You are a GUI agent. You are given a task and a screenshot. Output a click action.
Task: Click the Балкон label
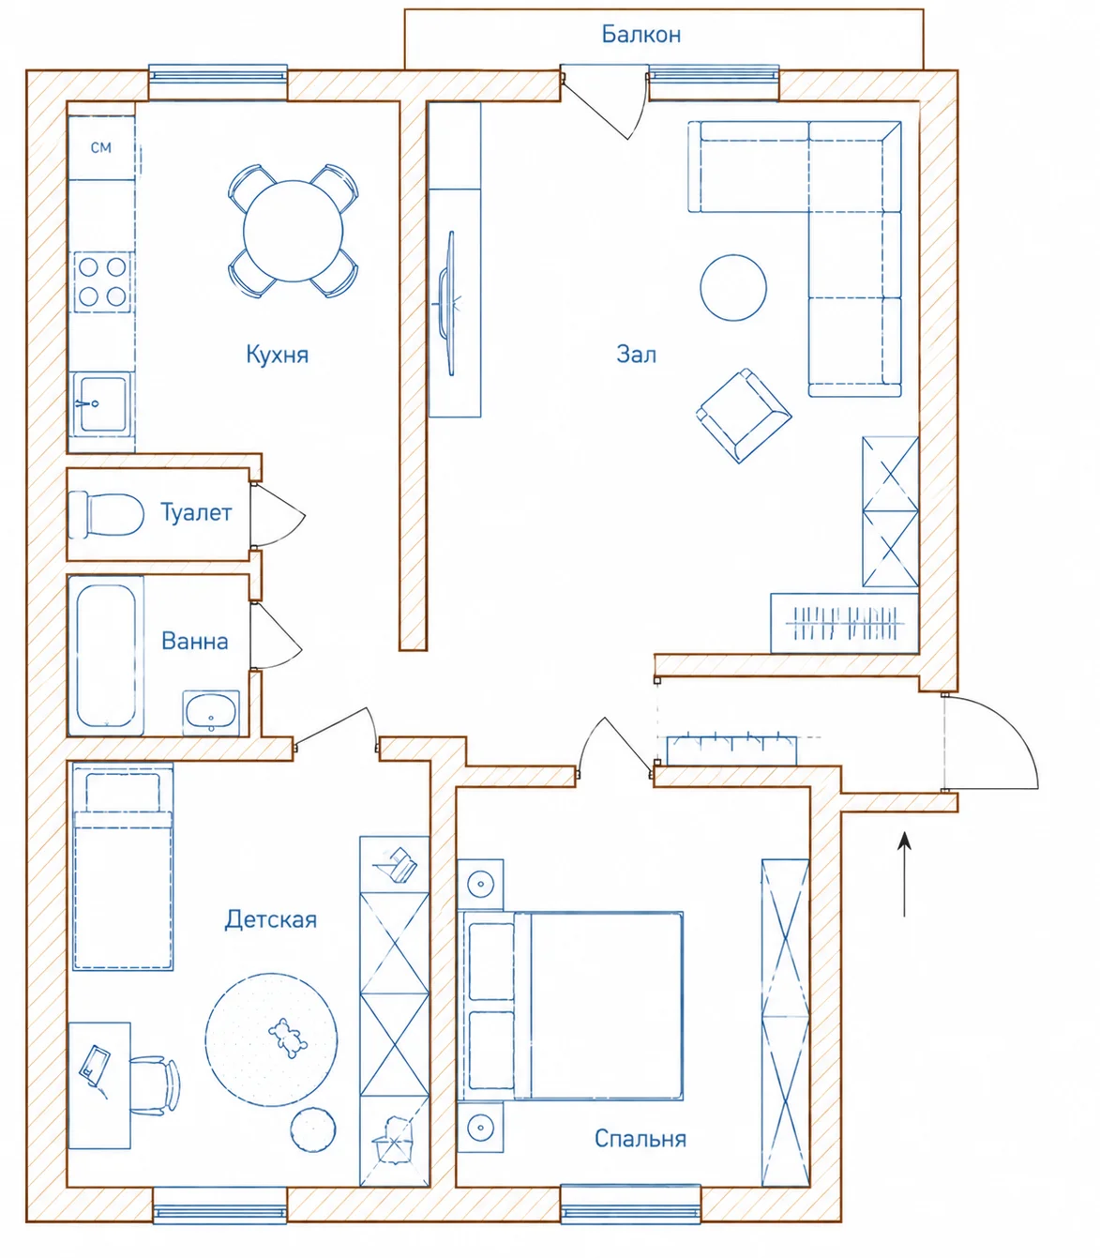(640, 35)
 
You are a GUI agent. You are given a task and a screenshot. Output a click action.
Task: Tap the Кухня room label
(278, 355)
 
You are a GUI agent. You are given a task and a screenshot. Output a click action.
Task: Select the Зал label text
(636, 355)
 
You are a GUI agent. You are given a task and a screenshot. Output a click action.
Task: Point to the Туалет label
(196, 512)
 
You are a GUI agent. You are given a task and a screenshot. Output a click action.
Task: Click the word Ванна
(195, 642)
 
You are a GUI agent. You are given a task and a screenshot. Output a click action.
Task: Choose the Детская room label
(270, 920)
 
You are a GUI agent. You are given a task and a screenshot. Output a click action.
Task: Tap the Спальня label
(640, 1139)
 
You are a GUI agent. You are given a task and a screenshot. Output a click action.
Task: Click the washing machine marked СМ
(101, 147)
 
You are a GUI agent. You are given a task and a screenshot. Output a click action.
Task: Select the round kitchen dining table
(293, 231)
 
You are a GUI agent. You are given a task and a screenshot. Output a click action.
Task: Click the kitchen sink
(101, 404)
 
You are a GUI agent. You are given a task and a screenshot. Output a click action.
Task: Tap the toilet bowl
(106, 514)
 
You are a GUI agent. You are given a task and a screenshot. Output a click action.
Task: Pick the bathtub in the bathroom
(106, 655)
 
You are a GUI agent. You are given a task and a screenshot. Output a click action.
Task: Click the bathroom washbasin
(211, 712)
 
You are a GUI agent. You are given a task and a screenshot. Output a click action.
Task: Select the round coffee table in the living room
(733, 288)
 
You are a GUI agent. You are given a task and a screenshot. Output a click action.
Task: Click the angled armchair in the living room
(744, 416)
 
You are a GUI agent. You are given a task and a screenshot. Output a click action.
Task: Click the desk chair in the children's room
(155, 1086)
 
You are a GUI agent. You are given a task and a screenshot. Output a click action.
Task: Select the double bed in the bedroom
(570, 1006)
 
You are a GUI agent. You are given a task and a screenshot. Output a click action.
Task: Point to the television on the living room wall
(448, 303)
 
